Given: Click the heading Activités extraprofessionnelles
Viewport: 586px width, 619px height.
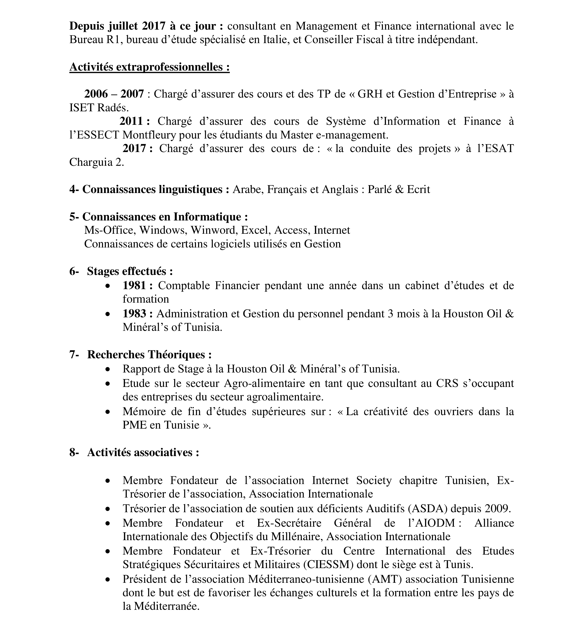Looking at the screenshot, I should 149,67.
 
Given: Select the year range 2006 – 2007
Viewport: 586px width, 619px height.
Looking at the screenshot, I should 114,94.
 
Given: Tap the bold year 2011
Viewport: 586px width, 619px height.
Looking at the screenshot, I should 134,121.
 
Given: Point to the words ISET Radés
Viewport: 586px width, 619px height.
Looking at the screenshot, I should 99,108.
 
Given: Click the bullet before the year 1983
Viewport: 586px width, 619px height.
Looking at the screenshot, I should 108,314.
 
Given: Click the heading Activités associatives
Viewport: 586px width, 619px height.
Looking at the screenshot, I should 143,452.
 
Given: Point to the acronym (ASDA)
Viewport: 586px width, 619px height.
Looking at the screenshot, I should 428,508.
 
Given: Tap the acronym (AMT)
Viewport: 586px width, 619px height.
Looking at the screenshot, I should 385,579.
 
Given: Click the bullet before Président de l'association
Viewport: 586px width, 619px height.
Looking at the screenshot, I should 108,579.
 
